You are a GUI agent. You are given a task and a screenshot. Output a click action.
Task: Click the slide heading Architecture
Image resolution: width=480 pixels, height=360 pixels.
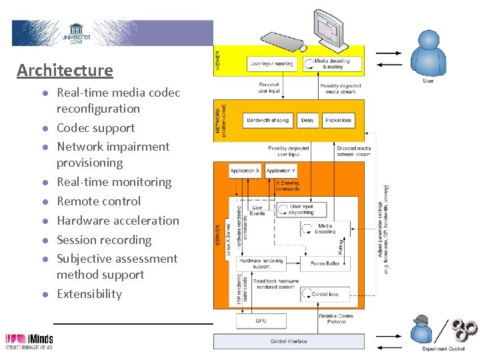click(x=65, y=70)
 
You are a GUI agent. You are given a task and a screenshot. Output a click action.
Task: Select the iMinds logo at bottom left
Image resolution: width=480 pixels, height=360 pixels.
click(x=29, y=341)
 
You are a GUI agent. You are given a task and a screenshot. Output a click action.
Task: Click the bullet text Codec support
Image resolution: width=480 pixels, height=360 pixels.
click(x=95, y=128)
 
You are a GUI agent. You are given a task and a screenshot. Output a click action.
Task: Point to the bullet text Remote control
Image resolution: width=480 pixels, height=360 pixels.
click(x=99, y=201)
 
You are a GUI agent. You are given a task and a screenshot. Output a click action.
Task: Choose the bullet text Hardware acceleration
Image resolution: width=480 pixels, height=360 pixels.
click(x=118, y=221)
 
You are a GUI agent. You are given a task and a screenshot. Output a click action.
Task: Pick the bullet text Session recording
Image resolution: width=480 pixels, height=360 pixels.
click(x=104, y=240)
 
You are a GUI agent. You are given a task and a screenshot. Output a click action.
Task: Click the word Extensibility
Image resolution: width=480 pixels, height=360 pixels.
click(x=89, y=294)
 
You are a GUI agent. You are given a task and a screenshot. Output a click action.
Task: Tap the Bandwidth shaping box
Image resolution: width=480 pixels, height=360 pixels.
click(x=267, y=121)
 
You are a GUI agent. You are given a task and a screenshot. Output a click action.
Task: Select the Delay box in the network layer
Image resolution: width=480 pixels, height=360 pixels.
click(x=307, y=121)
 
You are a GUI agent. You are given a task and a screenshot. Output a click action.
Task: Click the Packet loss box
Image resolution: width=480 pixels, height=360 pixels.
click(x=338, y=121)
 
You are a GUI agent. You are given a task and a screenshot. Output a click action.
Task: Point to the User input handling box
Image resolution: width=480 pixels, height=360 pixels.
click(x=271, y=64)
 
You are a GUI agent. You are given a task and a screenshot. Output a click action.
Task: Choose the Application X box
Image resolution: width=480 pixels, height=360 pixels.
click(x=245, y=171)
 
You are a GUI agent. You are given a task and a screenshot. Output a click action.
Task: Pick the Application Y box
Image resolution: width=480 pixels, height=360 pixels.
click(x=280, y=171)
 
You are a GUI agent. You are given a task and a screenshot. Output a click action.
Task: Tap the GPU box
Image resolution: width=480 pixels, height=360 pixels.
click(x=261, y=321)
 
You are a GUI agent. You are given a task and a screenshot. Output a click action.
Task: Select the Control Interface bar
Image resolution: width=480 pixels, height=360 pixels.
click(x=289, y=341)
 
